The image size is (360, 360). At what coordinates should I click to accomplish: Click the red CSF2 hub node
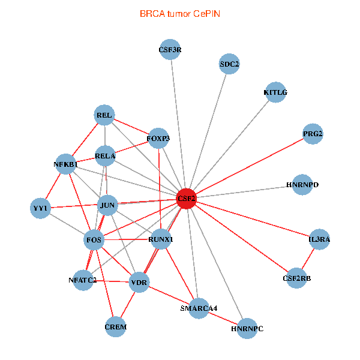pyautogui.click(x=187, y=198)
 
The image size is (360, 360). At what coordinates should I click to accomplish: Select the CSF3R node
pyautogui.click(x=170, y=50)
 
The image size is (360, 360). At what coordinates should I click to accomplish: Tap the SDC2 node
pyautogui.click(x=229, y=64)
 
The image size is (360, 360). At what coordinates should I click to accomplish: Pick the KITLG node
pyautogui.click(x=275, y=92)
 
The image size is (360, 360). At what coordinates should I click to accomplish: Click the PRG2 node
pyautogui.click(x=313, y=134)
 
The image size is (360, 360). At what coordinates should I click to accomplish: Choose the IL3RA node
pyautogui.click(x=319, y=239)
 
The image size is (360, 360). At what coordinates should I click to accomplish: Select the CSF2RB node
pyautogui.click(x=297, y=278)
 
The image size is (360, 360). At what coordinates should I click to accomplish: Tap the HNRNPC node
pyautogui.click(x=247, y=329)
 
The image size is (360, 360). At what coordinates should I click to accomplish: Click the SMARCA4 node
pyautogui.click(x=199, y=308)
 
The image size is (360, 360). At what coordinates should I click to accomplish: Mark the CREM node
pyautogui.click(x=116, y=327)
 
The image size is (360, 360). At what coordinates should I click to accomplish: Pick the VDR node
pyautogui.click(x=139, y=282)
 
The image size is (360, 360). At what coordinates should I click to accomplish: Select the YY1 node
pyautogui.click(x=40, y=208)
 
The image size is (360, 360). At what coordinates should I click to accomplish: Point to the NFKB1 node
pyautogui.click(x=65, y=164)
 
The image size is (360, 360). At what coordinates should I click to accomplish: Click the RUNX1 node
pyautogui.click(x=160, y=239)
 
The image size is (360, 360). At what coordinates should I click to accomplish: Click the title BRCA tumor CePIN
pyautogui.click(x=180, y=13)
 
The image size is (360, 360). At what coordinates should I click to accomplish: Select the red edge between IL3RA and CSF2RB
pyautogui.click(x=308, y=259)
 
